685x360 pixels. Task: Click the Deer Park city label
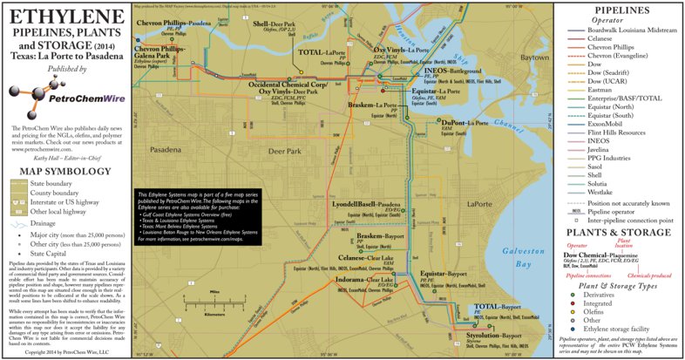click(x=287, y=151)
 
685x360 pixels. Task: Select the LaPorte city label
click(x=480, y=203)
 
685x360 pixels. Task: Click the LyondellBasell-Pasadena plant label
click(x=366, y=203)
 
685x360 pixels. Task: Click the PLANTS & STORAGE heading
click(x=619, y=233)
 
